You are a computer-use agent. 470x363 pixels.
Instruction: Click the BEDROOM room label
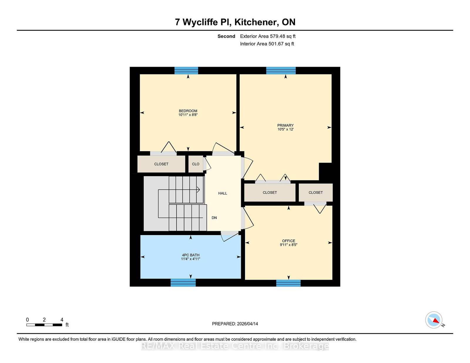pyautogui.click(x=188, y=111)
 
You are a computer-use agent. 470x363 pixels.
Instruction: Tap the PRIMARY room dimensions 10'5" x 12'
pyautogui.click(x=286, y=129)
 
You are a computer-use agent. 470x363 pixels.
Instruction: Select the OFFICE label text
pyautogui.click(x=288, y=241)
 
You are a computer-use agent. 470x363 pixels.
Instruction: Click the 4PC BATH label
pyautogui.click(x=191, y=255)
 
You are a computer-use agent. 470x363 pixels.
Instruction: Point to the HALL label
pyautogui.click(x=223, y=193)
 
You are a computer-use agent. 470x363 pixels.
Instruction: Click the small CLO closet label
pyautogui.click(x=196, y=164)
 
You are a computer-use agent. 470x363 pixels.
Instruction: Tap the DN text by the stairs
pyautogui.click(x=214, y=218)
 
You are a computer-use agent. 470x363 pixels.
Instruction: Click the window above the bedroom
pyautogui.click(x=186, y=70)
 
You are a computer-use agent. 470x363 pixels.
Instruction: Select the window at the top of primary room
pyautogui.click(x=281, y=70)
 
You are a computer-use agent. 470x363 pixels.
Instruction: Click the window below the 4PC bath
pyautogui.click(x=183, y=283)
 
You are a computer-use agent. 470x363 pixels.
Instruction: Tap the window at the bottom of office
pyautogui.click(x=288, y=283)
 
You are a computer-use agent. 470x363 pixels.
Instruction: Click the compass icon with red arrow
pyautogui.click(x=434, y=320)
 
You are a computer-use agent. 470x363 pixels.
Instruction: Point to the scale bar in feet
pyautogui.click(x=44, y=325)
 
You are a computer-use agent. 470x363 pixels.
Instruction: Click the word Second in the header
pyautogui.click(x=226, y=36)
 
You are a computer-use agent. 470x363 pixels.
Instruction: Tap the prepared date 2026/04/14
pyautogui.click(x=247, y=324)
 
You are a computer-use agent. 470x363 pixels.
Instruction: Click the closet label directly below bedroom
pyautogui.click(x=161, y=164)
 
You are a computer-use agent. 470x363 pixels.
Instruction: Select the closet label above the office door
pyautogui.click(x=315, y=193)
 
